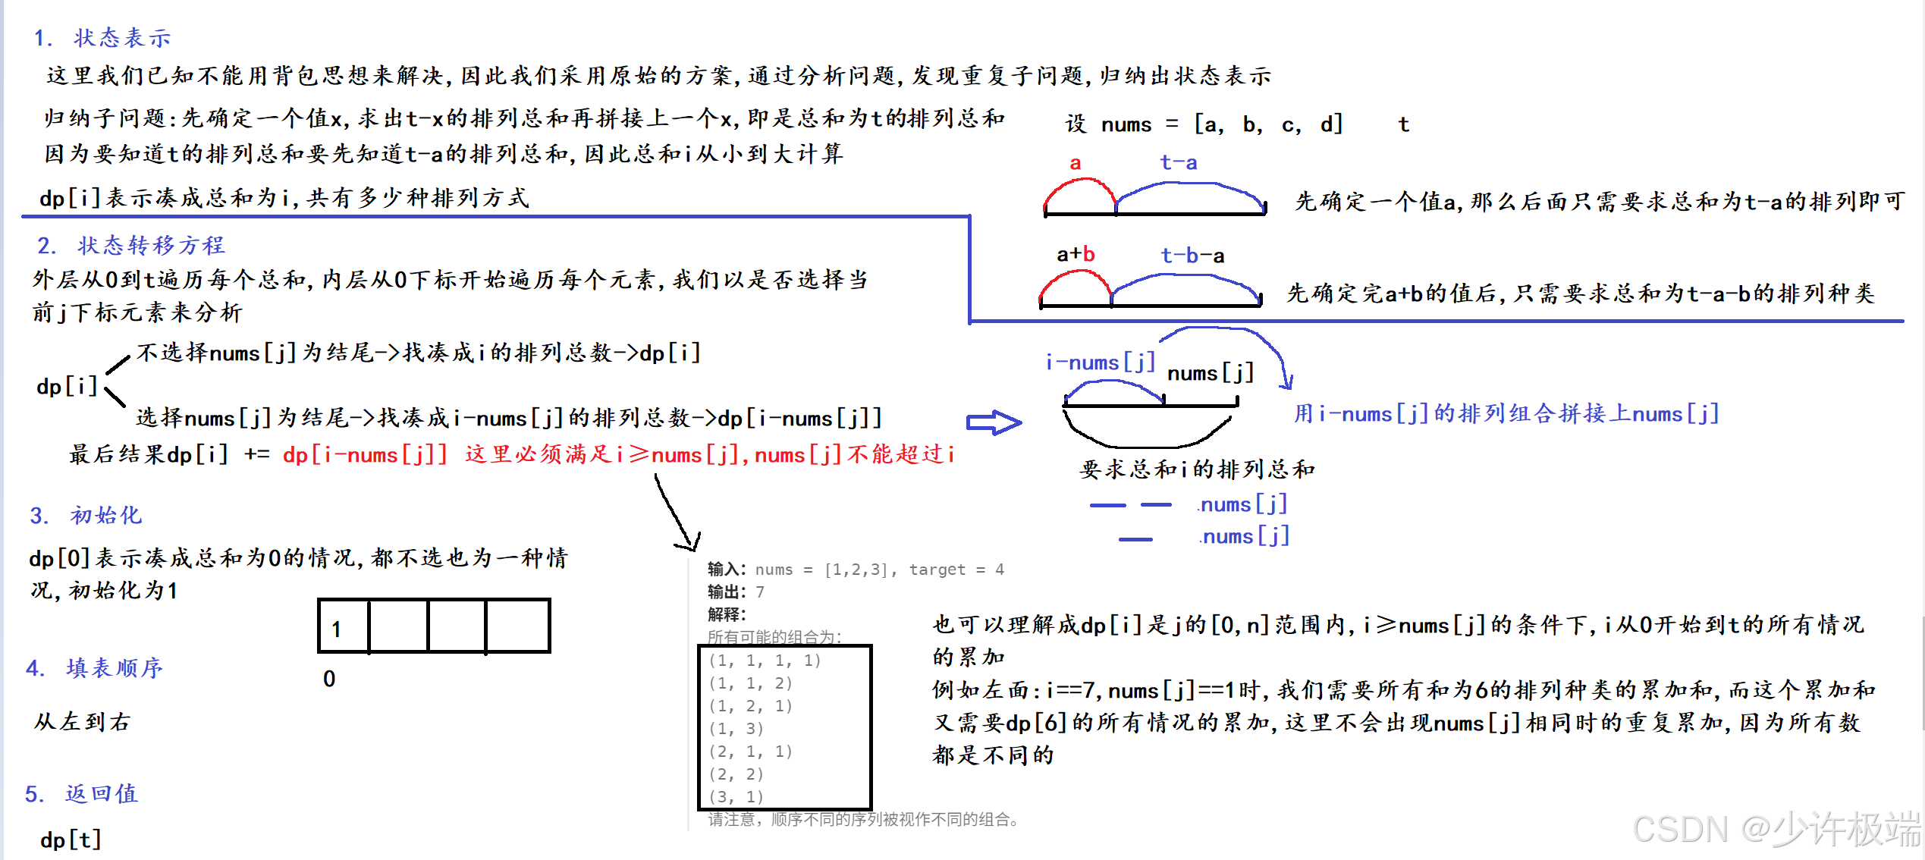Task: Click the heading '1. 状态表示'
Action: [x=103, y=38]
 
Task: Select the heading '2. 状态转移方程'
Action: [x=131, y=245]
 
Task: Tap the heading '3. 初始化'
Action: [x=86, y=516]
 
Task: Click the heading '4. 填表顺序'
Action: [x=95, y=668]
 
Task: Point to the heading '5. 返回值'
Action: [x=82, y=794]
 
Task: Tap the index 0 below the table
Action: [x=329, y=679]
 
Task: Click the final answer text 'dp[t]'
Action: [x=71, y=840]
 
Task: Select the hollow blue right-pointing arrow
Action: [x=994, y=422]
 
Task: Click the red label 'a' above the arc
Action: [x=1075, y=163]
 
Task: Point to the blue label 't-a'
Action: [x=1178, y=162]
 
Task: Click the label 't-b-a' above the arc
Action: [x=1192, y=256]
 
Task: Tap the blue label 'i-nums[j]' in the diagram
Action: [x=1100, y=363]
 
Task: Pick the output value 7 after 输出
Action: [x=760, y=592]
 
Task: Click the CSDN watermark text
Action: [x=1775, y=828]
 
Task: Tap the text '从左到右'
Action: [x=83, y=721]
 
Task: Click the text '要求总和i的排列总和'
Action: [x=1197, y=469]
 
